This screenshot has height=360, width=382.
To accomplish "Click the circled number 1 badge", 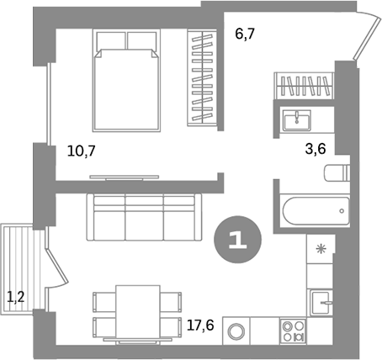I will pos(238,240).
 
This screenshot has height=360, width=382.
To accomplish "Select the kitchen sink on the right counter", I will pos(321,299).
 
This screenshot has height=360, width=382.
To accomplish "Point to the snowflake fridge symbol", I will pos(321,249).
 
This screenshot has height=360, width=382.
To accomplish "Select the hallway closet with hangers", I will pos(304,86).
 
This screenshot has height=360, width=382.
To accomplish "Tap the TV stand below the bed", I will pos(124,176).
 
